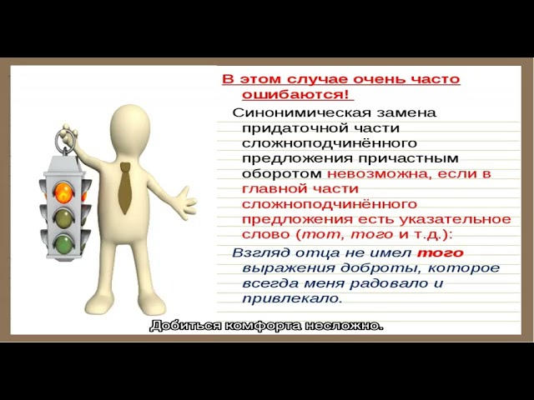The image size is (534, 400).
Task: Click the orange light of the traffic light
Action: point(63,192)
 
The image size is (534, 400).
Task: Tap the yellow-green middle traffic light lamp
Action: point(63,218)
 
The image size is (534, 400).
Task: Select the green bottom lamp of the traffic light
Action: point(63,244)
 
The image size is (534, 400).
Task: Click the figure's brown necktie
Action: point(124,188)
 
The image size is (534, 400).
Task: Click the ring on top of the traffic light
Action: point(65,136)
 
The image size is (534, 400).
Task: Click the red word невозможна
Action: point(366,174)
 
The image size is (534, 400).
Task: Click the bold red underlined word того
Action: point(440,252)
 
